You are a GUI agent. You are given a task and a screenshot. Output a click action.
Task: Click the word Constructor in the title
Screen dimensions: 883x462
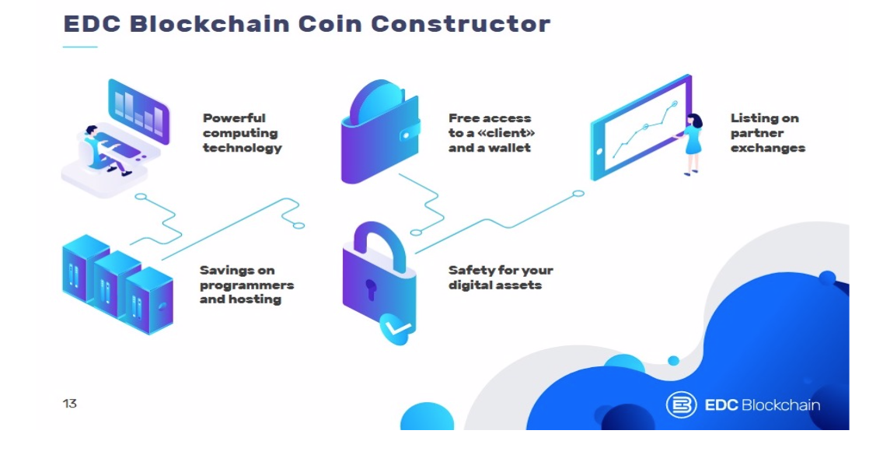pyautogui.click(x=460, y=23)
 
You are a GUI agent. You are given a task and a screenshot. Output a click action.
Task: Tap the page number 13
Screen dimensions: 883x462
pyautogui.click(x=70, y=404)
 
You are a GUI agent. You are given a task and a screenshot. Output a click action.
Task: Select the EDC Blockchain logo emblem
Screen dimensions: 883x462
pyautogui.click(x=681, y=404)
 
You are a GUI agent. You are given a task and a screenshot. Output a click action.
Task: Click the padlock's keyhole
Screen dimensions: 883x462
pyautogui.click(x=370, y=289)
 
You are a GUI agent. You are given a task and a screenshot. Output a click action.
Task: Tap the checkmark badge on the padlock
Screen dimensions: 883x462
pyautogui.click(x=397, y=328)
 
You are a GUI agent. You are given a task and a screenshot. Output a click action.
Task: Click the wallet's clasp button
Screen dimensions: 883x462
pyautogui.click(x=407, y=135)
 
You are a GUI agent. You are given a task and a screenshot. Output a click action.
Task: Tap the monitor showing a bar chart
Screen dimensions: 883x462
pyautogui.click(x=138, y=111)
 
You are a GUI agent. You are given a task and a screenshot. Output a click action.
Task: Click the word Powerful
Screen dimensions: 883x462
pyautogui.click(x=234, y=118)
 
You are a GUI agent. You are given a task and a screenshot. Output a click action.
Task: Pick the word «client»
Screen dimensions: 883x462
pyautogui.click(x=505, y=133)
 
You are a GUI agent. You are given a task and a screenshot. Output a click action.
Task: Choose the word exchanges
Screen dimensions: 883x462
pyautogui.click(x=767, y=149)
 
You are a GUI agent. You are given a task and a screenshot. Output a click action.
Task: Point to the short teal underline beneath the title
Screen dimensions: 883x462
pyautogui.click(x=80, y=47)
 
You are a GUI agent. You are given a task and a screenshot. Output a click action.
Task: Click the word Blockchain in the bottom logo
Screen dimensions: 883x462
pyautogui.click(x=780, y=405)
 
